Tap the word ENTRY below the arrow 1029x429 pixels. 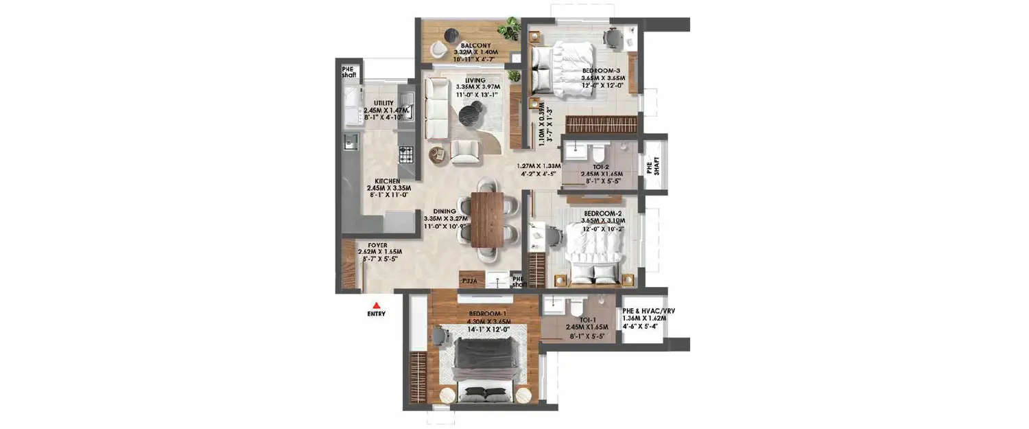pos(376,314)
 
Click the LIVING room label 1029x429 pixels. pos(475,80)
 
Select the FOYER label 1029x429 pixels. pos(377,245)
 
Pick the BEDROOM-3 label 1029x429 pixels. pos(602,71)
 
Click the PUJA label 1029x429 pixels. pos(470,281)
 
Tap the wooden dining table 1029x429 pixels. pos(487,219)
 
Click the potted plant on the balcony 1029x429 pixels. pos(508,28)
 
